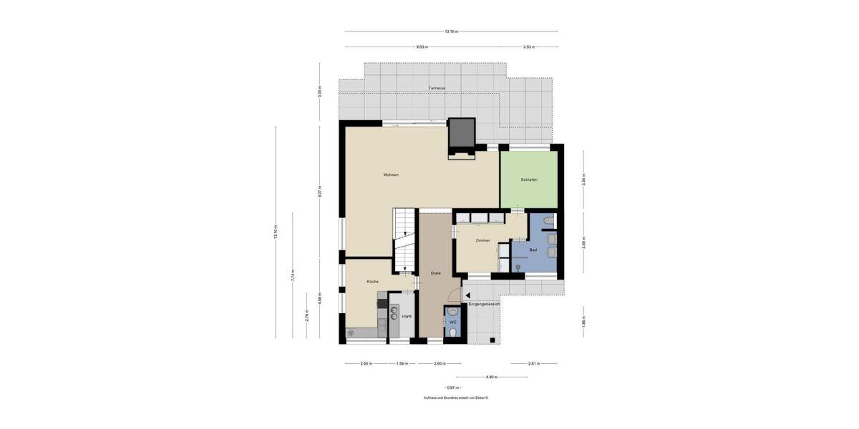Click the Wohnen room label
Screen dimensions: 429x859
tap(390, 175)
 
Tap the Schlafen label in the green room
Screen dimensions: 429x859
tap(529, 179)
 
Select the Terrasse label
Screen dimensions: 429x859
tap(437, 88)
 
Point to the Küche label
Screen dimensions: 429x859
tap(372, 282)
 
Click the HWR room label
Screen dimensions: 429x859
tap(406, 316)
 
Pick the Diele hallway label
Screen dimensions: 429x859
tap(435, 273)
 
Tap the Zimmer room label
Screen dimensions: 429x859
tap(482, 240)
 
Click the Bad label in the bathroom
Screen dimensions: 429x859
tap(533, 250)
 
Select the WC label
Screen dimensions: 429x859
tap(452, 322)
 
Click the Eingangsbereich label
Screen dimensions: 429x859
tap(484, 305)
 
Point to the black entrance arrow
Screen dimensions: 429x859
tap(467, 295)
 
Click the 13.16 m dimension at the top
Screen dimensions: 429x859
tap(451, 31)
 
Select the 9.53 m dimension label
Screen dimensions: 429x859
tap(422, 47)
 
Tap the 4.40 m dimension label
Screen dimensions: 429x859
tap(491, 378)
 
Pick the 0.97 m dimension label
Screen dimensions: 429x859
tap(452, 388)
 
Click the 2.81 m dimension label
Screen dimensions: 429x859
tap(533, 364)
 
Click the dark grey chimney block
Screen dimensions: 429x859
tap(462, 133)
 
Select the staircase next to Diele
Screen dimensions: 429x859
tap(405, 240)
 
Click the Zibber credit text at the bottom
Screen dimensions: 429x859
tap(455, 398)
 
